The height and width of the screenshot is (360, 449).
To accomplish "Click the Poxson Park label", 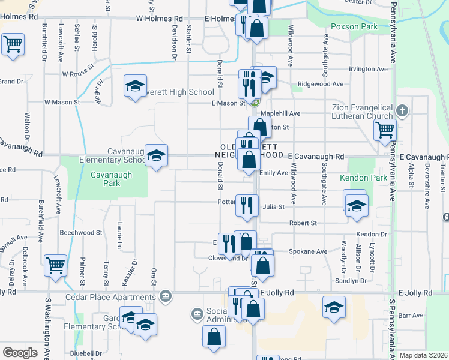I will point(354,26).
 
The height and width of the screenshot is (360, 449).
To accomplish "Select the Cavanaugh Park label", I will point(98,179).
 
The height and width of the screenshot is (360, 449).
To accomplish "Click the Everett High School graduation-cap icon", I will point(135,87).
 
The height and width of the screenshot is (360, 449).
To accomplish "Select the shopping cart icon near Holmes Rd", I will point(12,44).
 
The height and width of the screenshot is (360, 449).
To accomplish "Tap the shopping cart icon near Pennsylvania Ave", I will point(384,130).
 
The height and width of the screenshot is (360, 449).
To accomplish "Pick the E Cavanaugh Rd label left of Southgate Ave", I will point(316,157).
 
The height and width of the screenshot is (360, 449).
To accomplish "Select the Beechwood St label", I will point(81,232).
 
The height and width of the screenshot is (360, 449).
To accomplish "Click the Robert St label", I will point(303,223).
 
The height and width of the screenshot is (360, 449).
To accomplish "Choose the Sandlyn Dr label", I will point(351,280).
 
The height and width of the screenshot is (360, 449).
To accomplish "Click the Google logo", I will point(20,353).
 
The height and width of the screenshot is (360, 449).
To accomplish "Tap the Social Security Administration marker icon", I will point(197,314).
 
